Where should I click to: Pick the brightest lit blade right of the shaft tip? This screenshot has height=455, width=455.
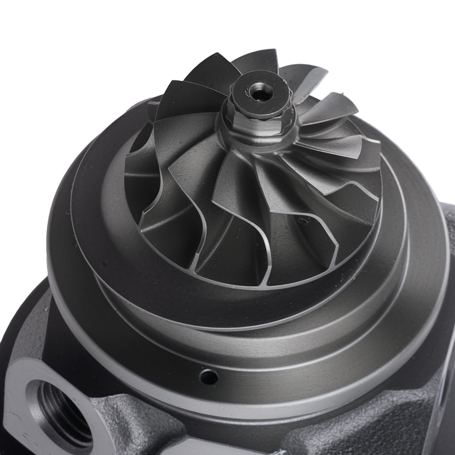click(332, 109)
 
